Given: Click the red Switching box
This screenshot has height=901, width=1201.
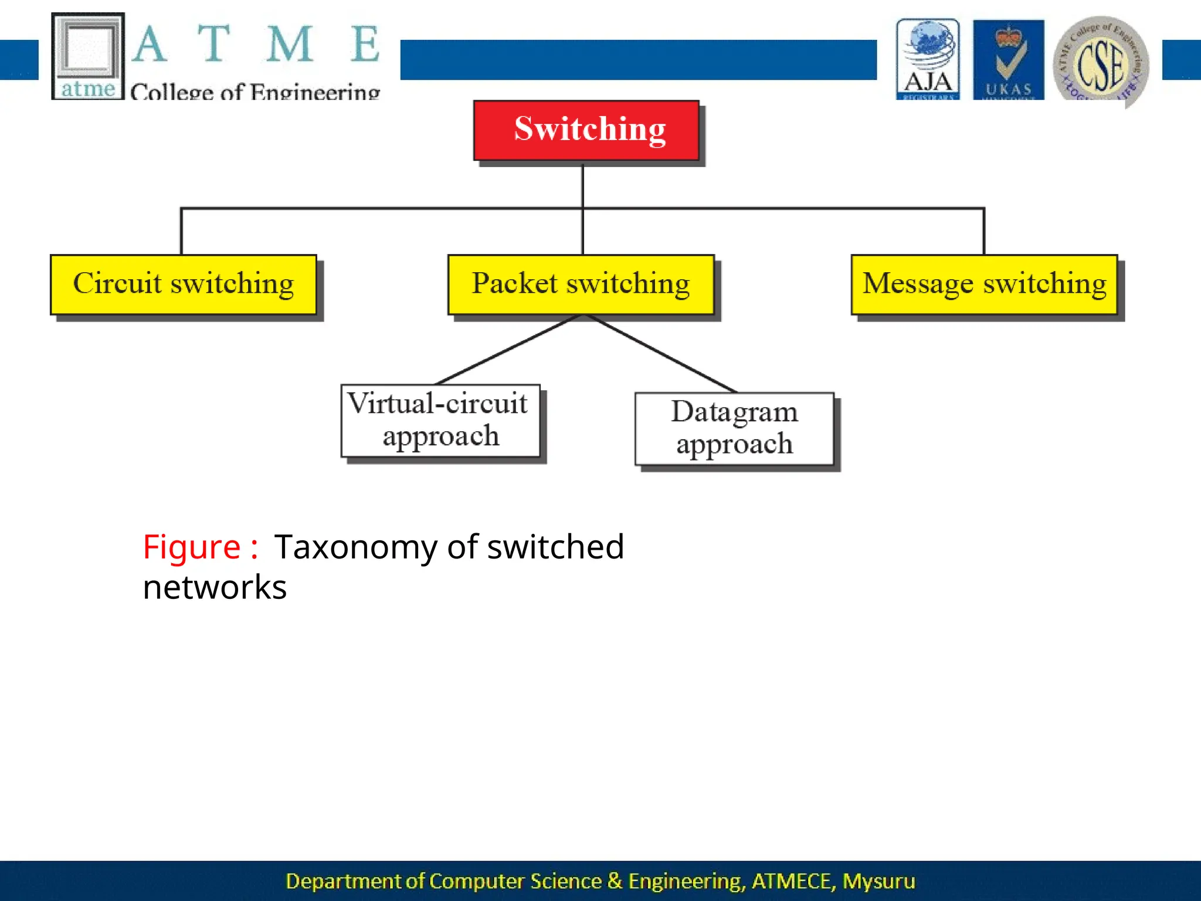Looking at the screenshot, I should pos(586,130).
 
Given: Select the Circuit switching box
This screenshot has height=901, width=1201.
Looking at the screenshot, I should pos(183,284).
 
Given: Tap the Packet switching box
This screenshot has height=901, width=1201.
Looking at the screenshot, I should pos(581,284).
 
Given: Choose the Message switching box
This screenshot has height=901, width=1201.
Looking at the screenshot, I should pos(984,284).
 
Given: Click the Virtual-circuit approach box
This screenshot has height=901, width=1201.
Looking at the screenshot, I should pos(440,421).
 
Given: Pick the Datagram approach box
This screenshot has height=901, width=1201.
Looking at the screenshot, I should pos(734,429).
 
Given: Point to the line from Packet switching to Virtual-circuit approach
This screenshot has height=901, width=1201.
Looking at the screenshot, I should pos(509,350).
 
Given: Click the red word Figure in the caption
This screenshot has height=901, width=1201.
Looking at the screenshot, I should pos(192,548).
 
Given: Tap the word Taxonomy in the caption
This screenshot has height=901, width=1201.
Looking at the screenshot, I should pos(355,548).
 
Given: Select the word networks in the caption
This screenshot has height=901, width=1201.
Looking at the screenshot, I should pos(215,588).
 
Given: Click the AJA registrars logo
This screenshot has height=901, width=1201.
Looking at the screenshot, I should pos(928,59).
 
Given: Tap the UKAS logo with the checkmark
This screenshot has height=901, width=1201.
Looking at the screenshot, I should pos(1008,59).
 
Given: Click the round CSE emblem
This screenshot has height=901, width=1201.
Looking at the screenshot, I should pos(1101,62).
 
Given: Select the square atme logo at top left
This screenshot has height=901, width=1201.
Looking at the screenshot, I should pos(88,56).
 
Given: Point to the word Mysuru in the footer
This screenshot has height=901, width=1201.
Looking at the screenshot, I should pos(878,881).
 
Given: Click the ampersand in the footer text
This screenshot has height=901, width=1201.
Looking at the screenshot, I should pos(615,881).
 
